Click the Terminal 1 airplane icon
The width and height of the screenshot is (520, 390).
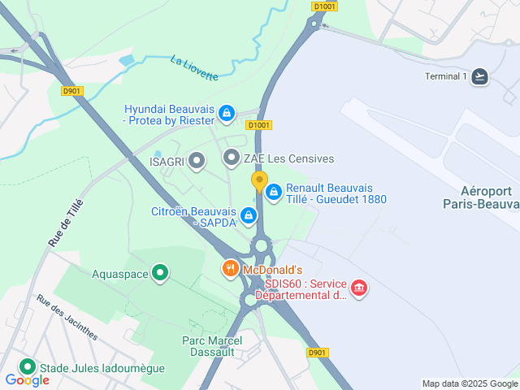(x=481, y=76)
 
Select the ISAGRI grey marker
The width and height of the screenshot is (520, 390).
(x=196, y=161)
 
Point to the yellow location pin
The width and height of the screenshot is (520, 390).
(x=259, y=180)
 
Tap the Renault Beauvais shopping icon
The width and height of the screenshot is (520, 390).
(x=274, y=192)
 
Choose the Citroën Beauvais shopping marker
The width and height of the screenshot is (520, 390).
(x=249, y=216)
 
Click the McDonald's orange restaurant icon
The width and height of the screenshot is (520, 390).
(x=231, y=269)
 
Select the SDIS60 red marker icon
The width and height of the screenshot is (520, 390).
(x=358, y=288)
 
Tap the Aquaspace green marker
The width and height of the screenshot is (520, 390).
(x=161, y=274)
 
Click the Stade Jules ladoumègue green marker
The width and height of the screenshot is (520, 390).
(x=28, y=367)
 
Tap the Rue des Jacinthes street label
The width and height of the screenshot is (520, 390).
(x=67, y=317)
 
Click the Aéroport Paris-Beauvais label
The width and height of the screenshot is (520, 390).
(x=481, y=197)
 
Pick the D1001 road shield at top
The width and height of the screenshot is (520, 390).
(x=323, y=6)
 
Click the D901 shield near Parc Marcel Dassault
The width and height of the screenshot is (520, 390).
(x=317, y=353)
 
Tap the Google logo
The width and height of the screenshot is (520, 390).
(x=27, y=380)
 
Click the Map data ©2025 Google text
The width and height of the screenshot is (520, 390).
(x=469, y=383)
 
